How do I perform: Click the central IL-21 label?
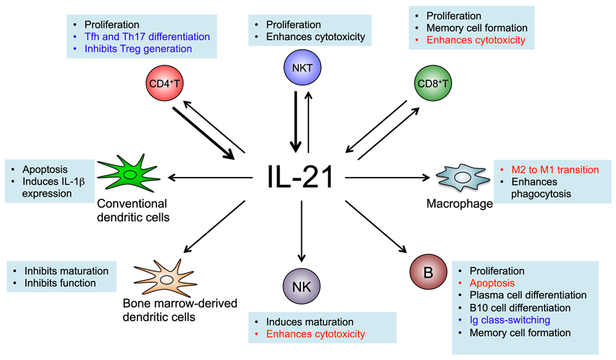[x=301, y=178]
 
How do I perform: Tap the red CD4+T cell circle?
[x=164, y=83]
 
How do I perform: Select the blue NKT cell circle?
[x=302, y=67]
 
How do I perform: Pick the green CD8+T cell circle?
[x=433, y=83]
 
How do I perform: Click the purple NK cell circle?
[x=302, y=286]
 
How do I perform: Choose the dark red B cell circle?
[x=428, y=272]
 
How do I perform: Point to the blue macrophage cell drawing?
[x=463, y=178]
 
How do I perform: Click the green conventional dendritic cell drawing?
[x=129, y=174]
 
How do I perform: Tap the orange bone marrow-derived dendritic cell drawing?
[x=166, y=278]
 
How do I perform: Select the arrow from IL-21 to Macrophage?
[x=387, y=178]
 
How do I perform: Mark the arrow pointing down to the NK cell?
[x=301, y=231]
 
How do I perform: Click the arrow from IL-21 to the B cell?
[x=376, y=227]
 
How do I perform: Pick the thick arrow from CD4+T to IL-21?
[x=203, y=133]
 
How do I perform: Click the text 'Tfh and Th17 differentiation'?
[x=147, y=36]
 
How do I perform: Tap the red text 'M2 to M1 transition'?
[x=555, y=170]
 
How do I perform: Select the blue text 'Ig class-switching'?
[x=509, y=321]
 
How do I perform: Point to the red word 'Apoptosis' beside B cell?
[x=492, y=284]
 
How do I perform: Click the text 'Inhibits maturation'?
[x=67, y=271]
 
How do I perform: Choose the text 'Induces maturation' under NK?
[x=310, y=322]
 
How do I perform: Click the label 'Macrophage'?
[x=460, y=203]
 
